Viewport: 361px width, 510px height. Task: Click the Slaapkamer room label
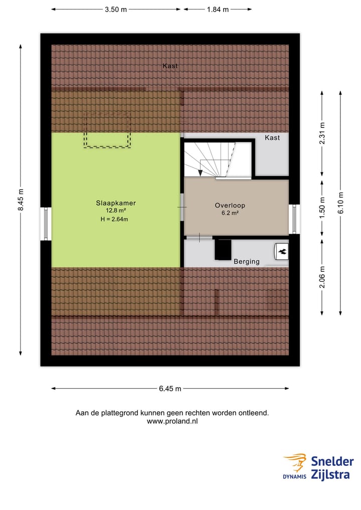[116, 203]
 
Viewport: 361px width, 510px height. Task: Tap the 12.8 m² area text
[116, 211]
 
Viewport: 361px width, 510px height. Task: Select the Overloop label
[230, 205]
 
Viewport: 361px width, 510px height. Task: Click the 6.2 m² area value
[230, 213]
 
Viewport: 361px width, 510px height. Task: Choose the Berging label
[247, 261]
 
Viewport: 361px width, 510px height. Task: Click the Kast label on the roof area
[170, 66]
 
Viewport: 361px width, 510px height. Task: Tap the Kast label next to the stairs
[272, 137]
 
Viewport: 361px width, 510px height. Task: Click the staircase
[217, 159]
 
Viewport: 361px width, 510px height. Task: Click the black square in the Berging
[223, 250]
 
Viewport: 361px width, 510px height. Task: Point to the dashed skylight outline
[107, 130]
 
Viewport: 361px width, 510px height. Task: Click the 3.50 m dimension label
[116, 9]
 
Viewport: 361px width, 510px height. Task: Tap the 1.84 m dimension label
[218, 9]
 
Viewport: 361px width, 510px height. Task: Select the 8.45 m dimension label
[21, 200]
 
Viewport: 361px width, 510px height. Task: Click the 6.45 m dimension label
[170, 388]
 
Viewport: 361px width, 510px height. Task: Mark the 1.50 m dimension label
[322, 205]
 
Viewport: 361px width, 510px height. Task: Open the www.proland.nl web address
[172, 422]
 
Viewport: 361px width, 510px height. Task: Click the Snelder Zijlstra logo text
[332, 467]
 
